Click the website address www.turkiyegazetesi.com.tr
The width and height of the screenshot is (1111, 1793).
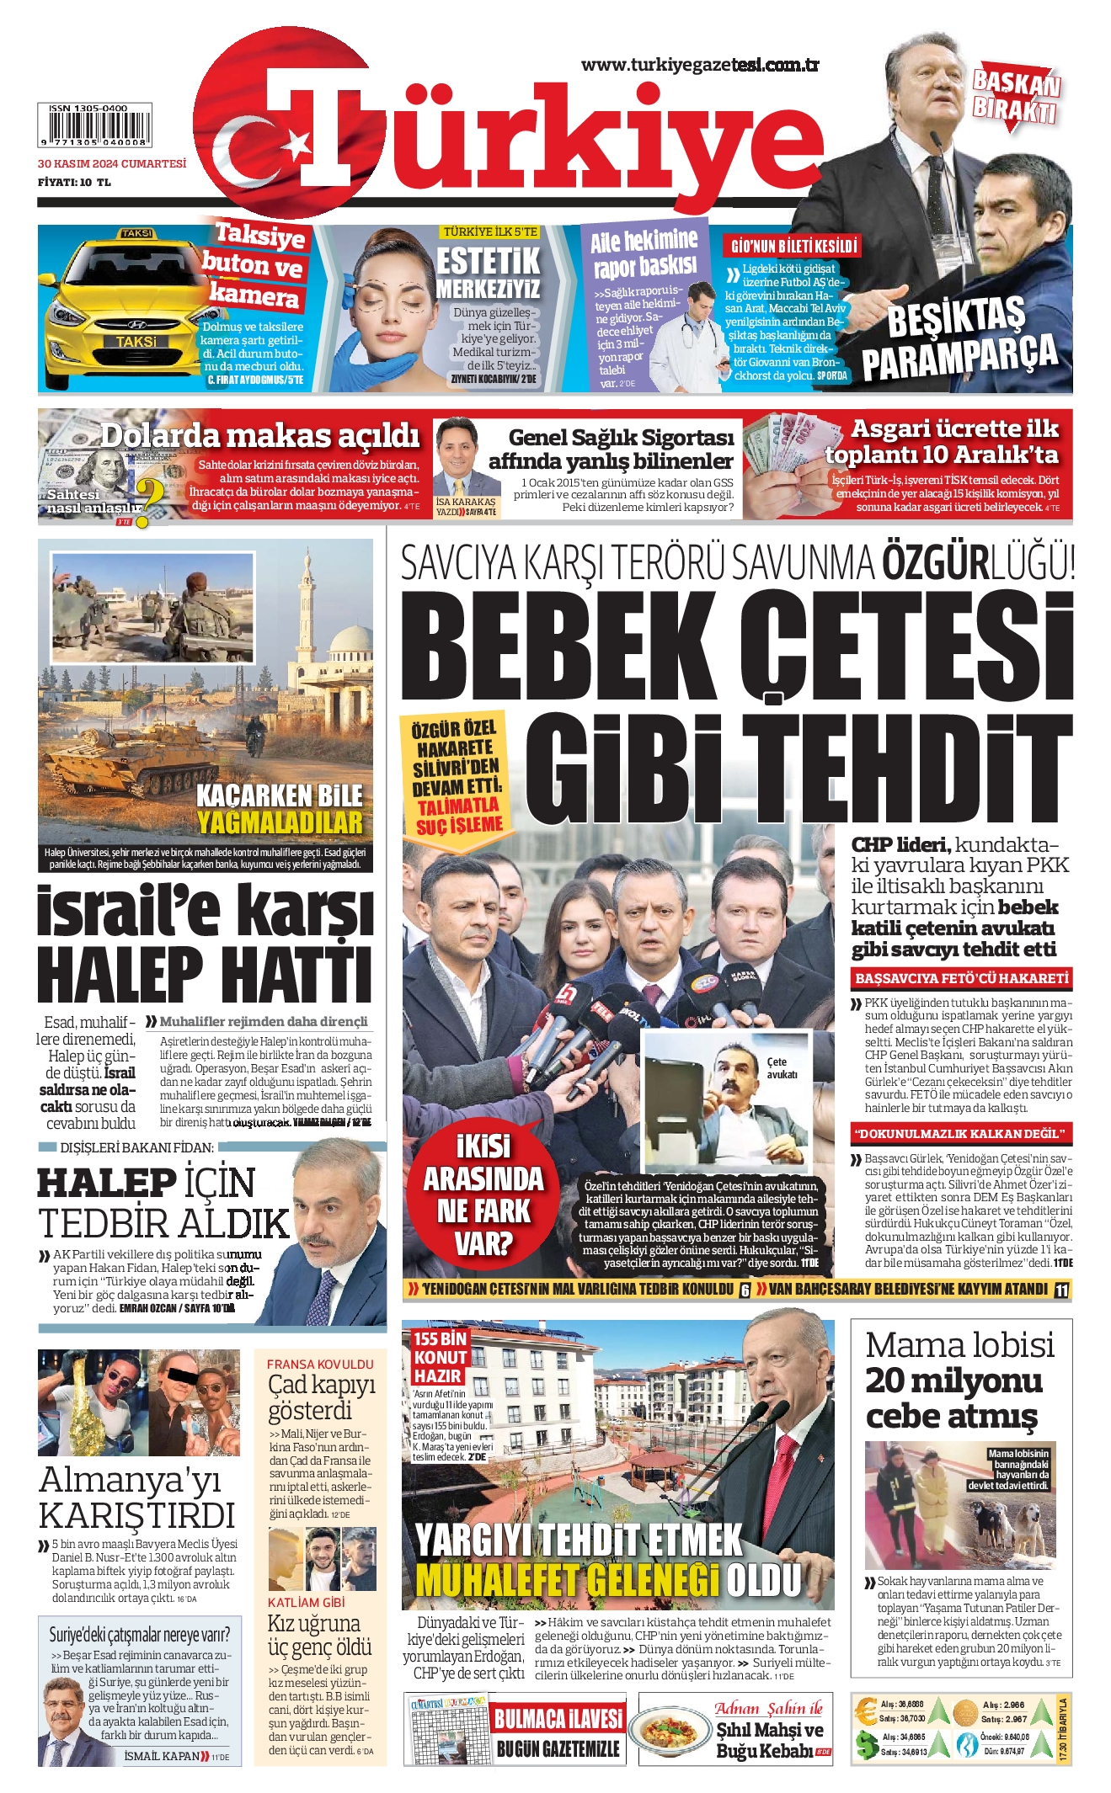[x=700, y=65]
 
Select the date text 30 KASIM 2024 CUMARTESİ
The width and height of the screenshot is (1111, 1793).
[x=112, y=163]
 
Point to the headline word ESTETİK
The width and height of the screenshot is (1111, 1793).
[x=488, y=261]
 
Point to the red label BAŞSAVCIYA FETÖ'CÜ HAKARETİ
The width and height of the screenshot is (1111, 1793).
[x=961, y=978]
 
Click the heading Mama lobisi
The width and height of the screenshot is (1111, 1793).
[x=959, y=1344]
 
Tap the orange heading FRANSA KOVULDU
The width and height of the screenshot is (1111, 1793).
[x=320, y=1364]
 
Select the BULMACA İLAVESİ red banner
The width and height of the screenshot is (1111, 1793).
[x=558, y=1718]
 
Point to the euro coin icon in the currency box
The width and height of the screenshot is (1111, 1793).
[x=866, y=1711]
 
